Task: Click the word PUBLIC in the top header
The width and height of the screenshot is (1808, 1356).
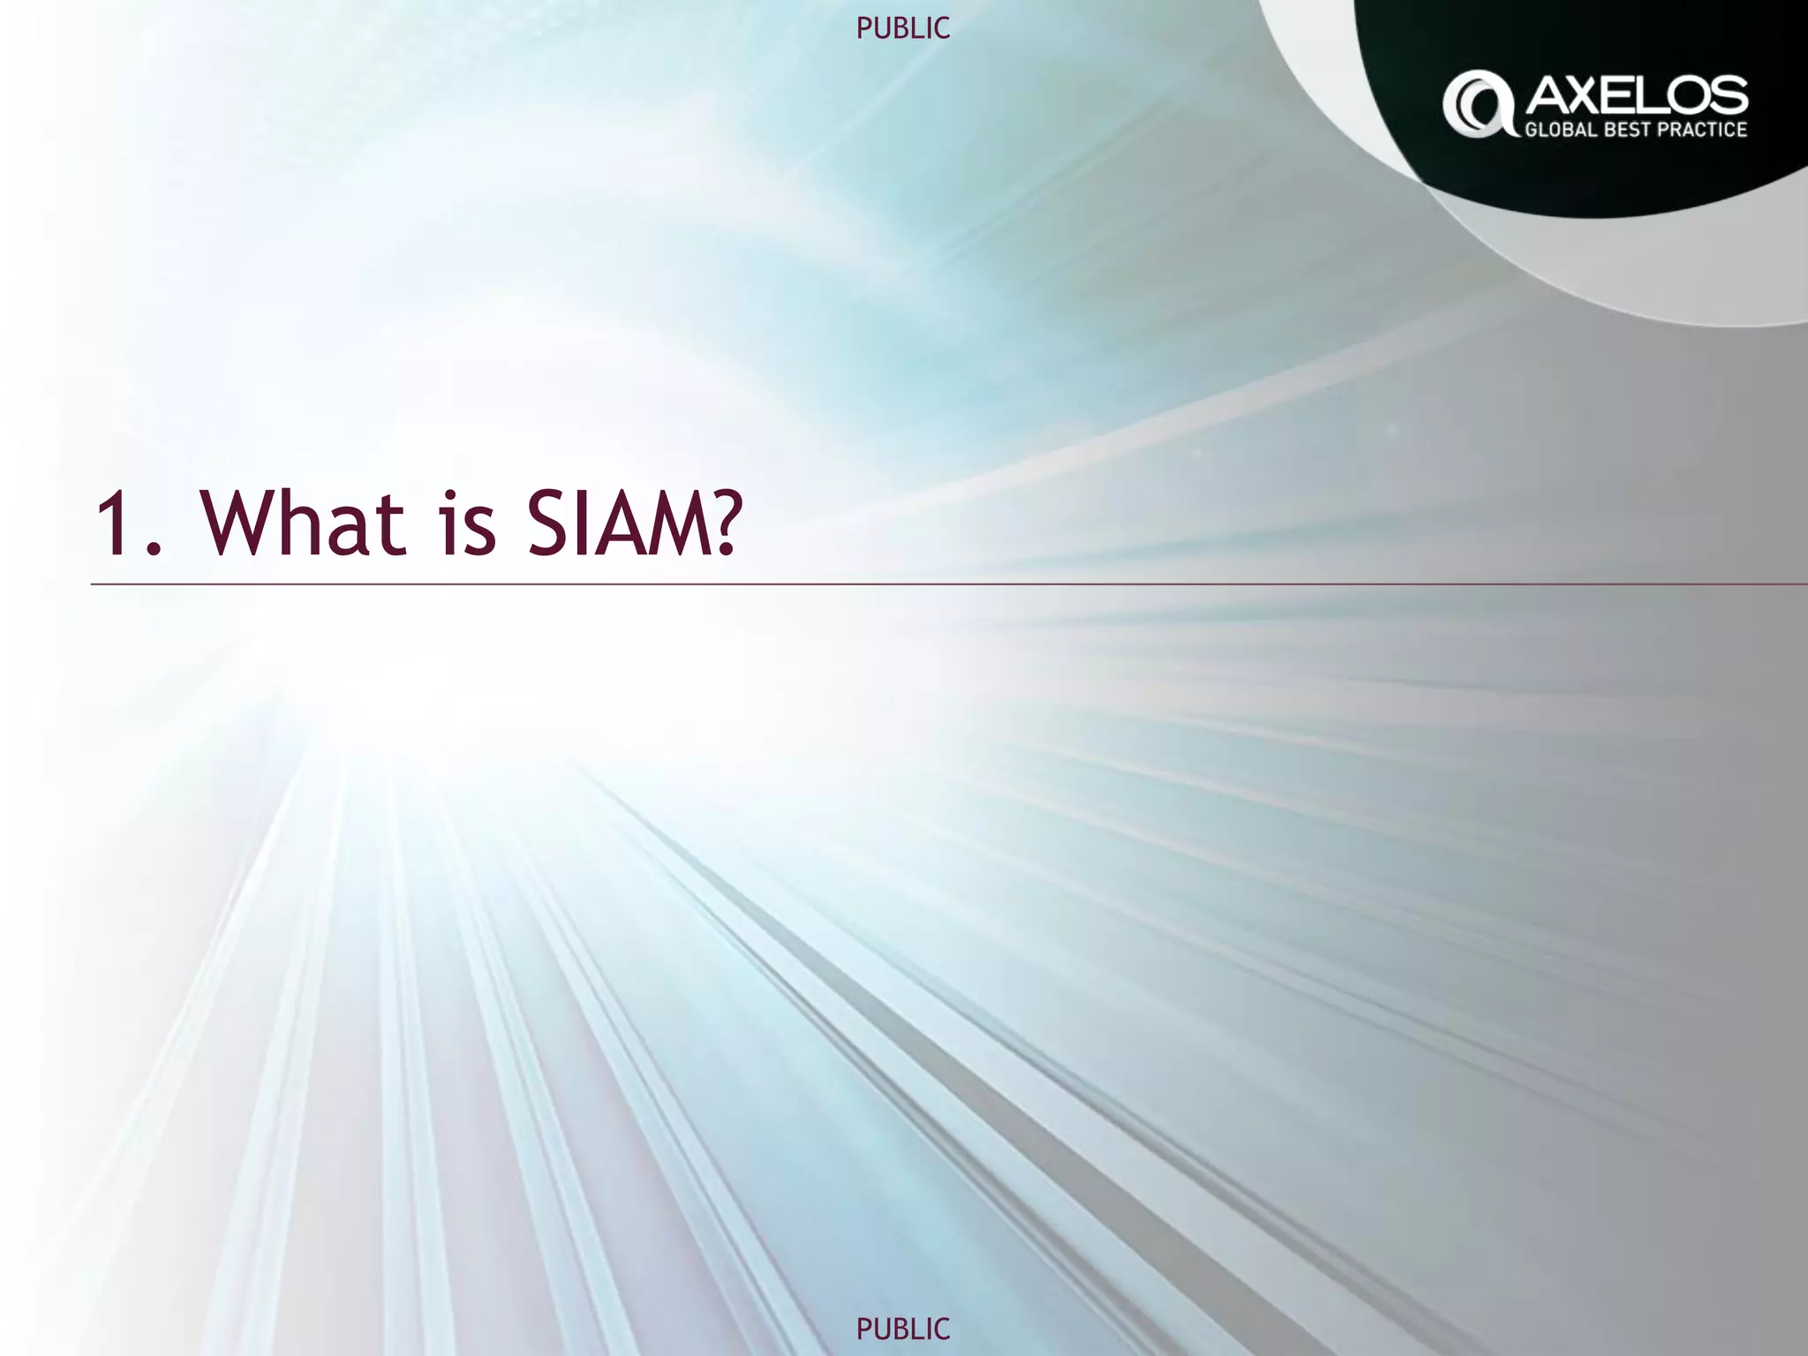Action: (x=903, y=29)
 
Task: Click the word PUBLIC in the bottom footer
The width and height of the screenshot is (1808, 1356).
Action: (x=903, y=1328)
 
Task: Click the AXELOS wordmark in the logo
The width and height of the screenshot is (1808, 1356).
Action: (x=1636, y=94)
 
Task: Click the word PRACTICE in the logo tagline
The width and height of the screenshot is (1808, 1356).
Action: (x=1711, y=130)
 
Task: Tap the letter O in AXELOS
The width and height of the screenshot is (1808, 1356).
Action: (x=1688, y=94)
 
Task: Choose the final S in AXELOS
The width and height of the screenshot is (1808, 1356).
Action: (x=1729, y=94)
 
